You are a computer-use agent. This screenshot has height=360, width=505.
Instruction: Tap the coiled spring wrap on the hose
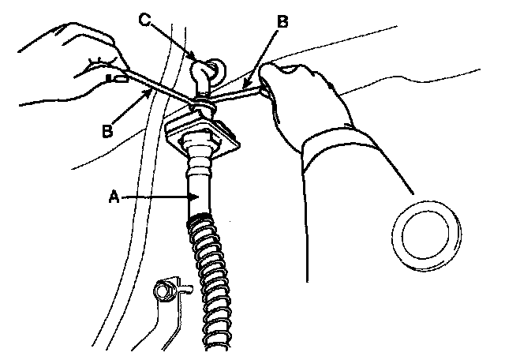pos(213,276)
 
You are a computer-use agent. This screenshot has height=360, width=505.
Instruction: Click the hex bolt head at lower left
pos(166,291)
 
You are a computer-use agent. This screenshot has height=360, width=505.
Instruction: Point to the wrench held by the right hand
pos(237,96)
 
